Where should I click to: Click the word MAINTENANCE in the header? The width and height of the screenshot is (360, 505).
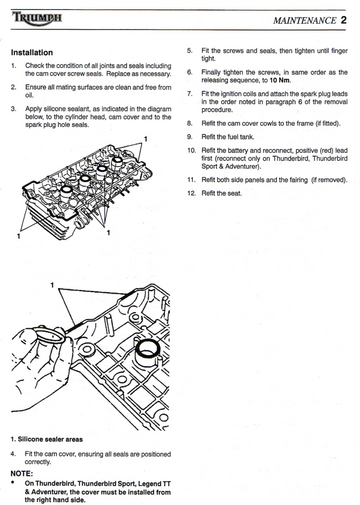(304, 21)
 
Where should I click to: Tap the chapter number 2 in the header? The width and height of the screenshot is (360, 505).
(343, 20)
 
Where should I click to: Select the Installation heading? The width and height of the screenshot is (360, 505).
(32, 52)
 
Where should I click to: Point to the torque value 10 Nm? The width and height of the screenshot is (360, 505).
(280, 80)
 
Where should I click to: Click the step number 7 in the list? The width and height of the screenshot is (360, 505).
(189, 94)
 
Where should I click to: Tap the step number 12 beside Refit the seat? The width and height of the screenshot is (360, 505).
(191, 193)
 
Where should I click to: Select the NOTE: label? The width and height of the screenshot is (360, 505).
(22, 474)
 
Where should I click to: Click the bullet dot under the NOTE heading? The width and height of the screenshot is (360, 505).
(13, 482)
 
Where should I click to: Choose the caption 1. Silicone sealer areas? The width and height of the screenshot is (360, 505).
(47, 439)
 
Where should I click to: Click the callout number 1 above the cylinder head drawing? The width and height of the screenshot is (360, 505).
(145, 139)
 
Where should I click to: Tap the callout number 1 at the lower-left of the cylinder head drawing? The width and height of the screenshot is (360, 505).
(19, 236)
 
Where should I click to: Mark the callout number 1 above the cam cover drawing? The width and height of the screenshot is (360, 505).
(52, 285)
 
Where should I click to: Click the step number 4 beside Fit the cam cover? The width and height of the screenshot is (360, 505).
(13, 454)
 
